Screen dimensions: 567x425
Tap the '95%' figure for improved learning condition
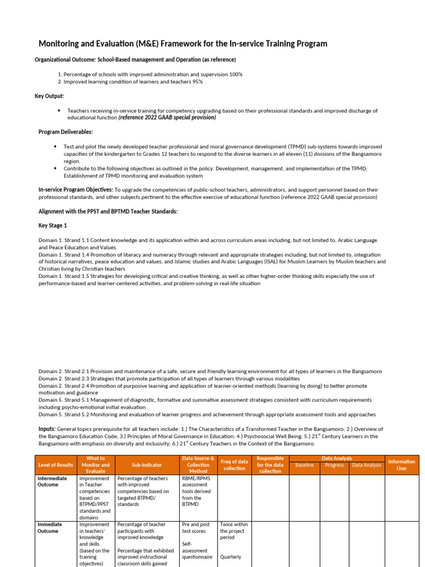point(196,82)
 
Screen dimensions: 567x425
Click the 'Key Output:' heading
point(49,96)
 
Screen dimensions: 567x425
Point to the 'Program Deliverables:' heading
point(65,132)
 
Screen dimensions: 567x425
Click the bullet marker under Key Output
point(58,111)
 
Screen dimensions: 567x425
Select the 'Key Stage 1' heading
point(53,226)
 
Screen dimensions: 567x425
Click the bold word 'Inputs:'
point(46,429)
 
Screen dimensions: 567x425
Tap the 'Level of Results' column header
point(55,465)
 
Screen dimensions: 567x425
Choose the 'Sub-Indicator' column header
point(147,465)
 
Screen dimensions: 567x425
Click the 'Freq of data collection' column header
point(234,465)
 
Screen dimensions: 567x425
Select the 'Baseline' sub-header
point(305,465)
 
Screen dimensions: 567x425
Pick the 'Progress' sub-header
point(334,465)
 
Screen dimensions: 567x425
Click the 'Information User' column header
point(402,465)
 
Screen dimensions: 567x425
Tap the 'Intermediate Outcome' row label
point(52,481)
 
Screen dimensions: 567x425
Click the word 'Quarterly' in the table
point(230,557)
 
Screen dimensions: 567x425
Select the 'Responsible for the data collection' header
point(270,465)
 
